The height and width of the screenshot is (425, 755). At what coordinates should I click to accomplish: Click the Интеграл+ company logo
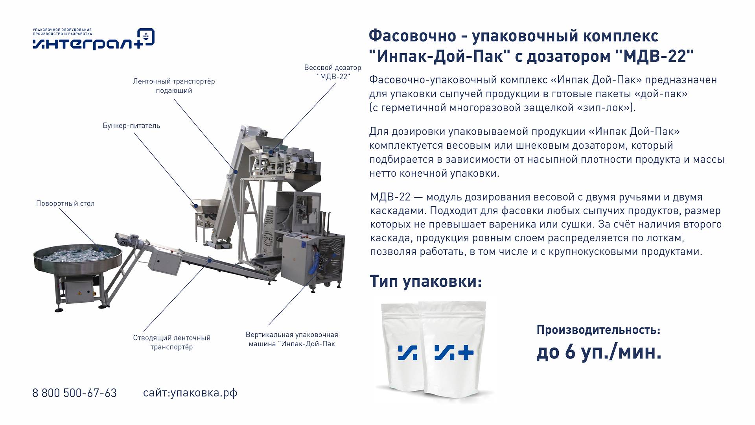pyautogui.click(x=94, y=39)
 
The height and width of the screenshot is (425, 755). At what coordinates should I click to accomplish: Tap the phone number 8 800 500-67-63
pyautogui.click(x=74, y=393)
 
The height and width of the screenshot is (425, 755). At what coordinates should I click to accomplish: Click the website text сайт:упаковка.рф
pyautogui.click(x=190, y=393)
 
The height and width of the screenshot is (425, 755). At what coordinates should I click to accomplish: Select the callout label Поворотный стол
pyautogui.click(x=65, y=203)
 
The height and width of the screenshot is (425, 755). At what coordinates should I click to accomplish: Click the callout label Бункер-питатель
pyautogui.click(x=131, y=126)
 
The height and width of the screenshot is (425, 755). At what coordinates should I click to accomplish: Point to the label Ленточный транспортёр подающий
pyautogui.click(x=174, y=86)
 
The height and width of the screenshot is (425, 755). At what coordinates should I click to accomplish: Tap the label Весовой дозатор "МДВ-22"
pyautogui.click(x=333, y=72)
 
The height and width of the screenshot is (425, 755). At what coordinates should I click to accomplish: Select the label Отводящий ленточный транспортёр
pyautogui.click(x=171, y=342)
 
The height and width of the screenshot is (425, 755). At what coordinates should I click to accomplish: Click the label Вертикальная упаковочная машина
pyautogui.click(x=292, y=339)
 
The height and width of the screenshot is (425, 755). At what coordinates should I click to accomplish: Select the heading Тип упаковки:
pyautogui.click(x=425, y=282)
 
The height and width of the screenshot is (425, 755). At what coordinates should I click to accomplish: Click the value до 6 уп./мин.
pyautogui.click(x=599, y=352)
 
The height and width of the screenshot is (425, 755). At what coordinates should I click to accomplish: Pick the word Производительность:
pyautogui.click(x=598, y=330)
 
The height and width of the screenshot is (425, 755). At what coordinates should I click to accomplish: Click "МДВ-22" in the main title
pyautogui.click(x=653, y=56)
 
